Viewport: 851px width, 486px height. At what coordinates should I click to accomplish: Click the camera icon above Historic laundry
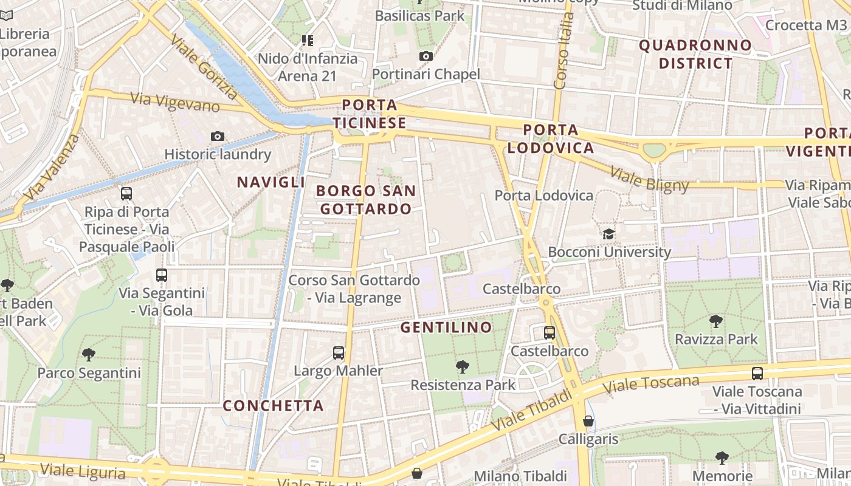pyautogui.click(x=217, y=136)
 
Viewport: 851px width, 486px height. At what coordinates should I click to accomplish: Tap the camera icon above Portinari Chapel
pyautogui.click(x=426, y=56)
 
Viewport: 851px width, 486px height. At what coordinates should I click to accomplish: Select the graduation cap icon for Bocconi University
pyautogui.click(x=608, y=234)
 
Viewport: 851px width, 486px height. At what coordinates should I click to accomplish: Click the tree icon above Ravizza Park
pyautogui.click(x=716, y=321)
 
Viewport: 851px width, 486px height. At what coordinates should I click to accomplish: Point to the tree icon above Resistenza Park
pyautogui.click(x=463, y=366)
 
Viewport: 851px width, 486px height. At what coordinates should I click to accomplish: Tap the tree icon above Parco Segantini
pyautogui.click(x=89, y=354)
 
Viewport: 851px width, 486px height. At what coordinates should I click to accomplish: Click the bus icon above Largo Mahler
pyautogui.click(x=339, y=352)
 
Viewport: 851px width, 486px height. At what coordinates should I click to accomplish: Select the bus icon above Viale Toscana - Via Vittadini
pyautogui.click(x=757, y=373)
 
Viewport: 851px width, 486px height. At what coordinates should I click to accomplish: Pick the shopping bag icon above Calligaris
pyautogui.click(x=588, y=420)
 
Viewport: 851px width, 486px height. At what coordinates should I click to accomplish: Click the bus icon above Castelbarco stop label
pyautogui.click(x=549, y=332)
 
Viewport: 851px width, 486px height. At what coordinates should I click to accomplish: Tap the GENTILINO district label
pyautogui.click(x=446, y=327)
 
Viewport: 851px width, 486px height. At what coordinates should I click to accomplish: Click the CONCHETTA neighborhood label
pyautogui.click(x=273, y=405)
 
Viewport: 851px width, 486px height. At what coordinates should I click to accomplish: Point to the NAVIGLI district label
pyautogui.click(x=271, y=182)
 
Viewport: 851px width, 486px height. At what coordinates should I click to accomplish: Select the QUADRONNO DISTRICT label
pyautogui.click(x=695, y=54)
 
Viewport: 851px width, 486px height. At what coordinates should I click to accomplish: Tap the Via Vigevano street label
pyautogui.click(x=175, y=101)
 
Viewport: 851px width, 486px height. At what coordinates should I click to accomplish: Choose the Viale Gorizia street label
pyautogui.click(x=205, y=67)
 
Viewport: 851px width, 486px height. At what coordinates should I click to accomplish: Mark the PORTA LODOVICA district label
pyautogui.click(x=551, y=139)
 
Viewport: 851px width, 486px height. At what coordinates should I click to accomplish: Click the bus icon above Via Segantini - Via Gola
pyautogui.click(x=162, y=275)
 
